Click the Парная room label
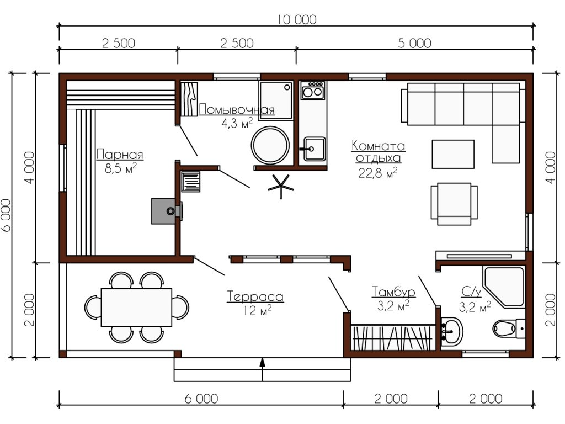click(x=120, y=155)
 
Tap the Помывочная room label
click(x=236, y=109)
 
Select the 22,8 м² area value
click(x=378, y=173)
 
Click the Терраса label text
click(x=255, y=296)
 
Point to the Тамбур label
click(x=393, y=291)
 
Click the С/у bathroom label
click(x=471, y=291)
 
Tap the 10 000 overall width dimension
click(x=297, y=19)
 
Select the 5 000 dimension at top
click(x=414, y=43)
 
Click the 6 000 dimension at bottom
click(x=201, y=399)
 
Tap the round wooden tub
click(x=270, y=145)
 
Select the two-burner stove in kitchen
click(x=312, y=90)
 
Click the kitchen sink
click(x=314, y=149)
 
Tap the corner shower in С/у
click(x=503, y=287)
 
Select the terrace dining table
click(x=137, y=307)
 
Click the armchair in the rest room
click(x=455, y=204)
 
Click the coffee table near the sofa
click(x=453, y=155)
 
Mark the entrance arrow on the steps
click(x=262, y=369)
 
